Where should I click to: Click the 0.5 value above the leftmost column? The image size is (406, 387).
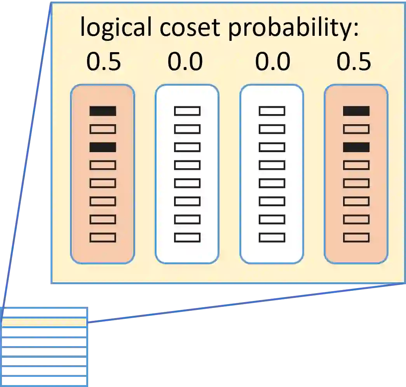coord(103,62)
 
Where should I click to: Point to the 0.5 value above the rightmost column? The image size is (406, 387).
coord(354,62)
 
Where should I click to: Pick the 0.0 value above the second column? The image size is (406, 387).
coord(185,62)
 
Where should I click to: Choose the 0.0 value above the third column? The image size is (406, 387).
coord(272,62)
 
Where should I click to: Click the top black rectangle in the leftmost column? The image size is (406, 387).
coord(103,111)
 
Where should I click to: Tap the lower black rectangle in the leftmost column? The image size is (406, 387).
coord(103,147)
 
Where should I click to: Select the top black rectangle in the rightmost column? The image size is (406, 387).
coord(356,111)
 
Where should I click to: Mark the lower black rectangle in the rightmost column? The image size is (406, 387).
coord(356,147)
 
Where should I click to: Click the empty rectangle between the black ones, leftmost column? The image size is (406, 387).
coord(103,129)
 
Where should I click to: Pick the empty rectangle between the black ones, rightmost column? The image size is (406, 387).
coord(356,129)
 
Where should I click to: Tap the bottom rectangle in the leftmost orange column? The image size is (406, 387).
coord(103,237)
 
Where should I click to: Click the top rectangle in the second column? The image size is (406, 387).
coord(187,111)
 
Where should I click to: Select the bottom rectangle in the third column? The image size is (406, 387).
coord(272,237)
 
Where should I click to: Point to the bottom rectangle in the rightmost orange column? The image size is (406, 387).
coord(356,237)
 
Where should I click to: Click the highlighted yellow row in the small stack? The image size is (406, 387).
coord(44,322)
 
